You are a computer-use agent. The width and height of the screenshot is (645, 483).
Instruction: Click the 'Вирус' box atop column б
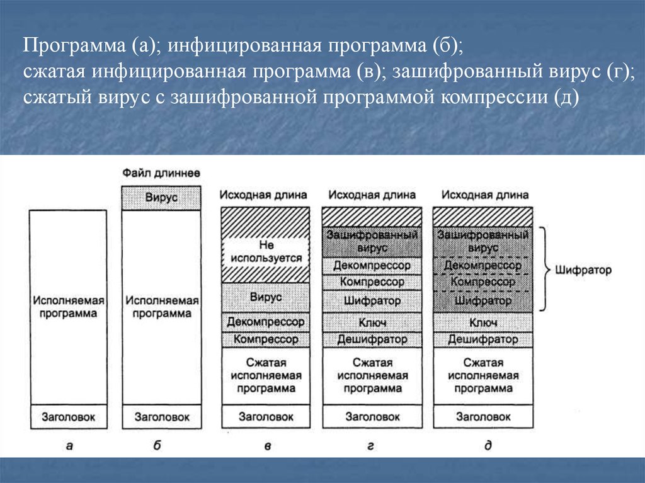(161, 198)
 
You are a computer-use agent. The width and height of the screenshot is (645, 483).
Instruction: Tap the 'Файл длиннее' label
(161, 173)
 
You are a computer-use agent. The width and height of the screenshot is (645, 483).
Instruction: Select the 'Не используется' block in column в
(266, 252)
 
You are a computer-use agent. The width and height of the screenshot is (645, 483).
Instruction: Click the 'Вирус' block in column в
(266, 297)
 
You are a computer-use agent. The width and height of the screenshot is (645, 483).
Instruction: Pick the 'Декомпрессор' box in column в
(266, 322)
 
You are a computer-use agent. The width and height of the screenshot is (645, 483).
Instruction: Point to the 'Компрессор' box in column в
(266, 339)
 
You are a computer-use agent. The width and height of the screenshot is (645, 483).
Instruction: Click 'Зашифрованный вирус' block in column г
(372, 241)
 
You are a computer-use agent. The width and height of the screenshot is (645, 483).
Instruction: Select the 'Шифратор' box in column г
(372, 300)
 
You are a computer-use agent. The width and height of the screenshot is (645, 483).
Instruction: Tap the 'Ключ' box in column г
(372, 322)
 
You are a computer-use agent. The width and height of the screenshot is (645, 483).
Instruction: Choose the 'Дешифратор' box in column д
(483, 339)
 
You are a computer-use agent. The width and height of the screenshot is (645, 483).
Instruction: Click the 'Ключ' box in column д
(483, 322)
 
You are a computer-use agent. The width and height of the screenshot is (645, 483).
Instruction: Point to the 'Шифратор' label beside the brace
(584, 270)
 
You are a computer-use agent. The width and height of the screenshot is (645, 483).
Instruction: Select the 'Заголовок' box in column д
(483, 416)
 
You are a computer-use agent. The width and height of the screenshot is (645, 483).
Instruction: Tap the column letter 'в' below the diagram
(267, 446)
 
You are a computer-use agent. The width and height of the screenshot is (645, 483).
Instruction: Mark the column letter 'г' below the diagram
(370, 446)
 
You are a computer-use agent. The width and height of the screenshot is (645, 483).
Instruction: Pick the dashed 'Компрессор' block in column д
(483, 281)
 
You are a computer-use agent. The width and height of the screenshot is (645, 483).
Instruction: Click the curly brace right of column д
(544, 269)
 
